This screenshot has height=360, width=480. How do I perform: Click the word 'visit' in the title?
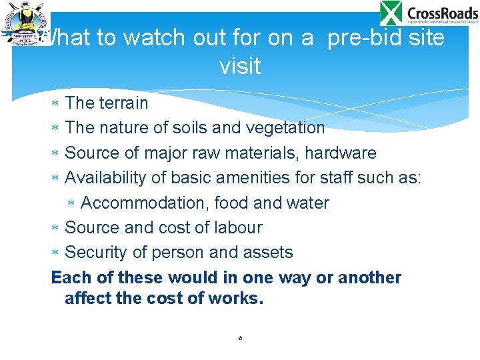pyautogui.click(x=239, y=66)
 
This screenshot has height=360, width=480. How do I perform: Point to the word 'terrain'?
pyautogui.click(x=124, y=103)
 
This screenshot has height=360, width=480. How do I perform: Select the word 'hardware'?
pyautogui.click(x=340, y=153)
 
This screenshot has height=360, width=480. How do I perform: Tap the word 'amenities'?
pyautogui.click(x=251, y=177)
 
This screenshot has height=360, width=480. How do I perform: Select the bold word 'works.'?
pyautogui.click(x=237, y=299)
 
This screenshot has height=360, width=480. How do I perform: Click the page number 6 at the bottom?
pyautogui.click(x=240, y=338)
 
